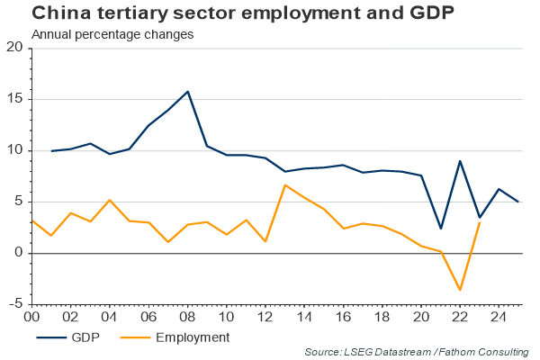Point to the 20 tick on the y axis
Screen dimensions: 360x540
15,48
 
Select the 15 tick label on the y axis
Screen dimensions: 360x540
15,99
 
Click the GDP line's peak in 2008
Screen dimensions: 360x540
187,92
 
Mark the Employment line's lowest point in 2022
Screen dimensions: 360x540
461,290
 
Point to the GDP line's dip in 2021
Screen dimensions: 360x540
441,229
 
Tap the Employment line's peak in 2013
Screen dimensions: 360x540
285,185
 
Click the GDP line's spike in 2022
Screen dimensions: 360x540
461,161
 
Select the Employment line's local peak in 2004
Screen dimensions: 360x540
109,200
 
